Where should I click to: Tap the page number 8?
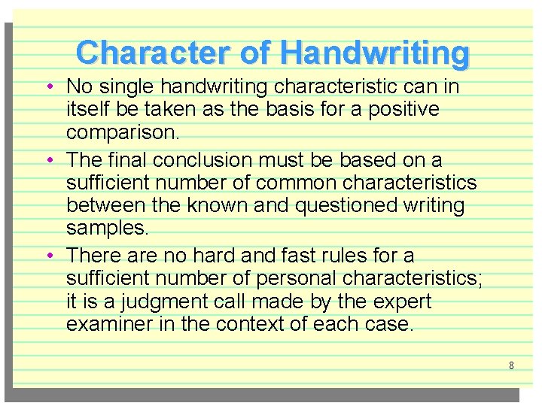pyautogui.click(x=511, y=365)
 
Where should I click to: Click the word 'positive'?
pyautogui.click(x=403, y=110)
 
